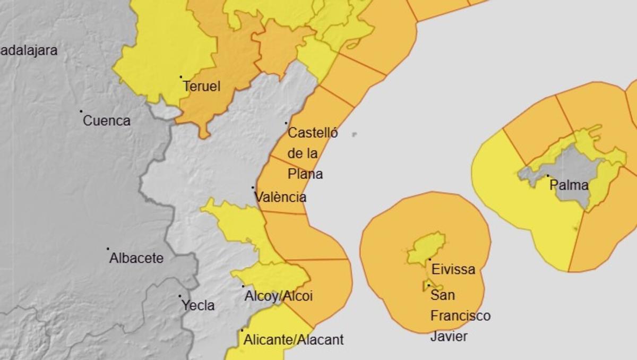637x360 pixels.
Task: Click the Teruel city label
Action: (x=201, y=86)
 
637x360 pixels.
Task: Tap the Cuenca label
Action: (x=107, y=121)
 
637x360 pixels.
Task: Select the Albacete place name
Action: (x=136, y=259)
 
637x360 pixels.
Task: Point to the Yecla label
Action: (x=198, y=305)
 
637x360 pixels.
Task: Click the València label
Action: (x=280, y=197)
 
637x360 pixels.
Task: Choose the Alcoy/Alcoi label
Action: (x=278, y=296)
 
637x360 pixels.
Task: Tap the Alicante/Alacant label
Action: (x=293, y=339)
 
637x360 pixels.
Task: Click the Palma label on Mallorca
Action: (x=569, y=185)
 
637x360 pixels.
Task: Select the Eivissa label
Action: (x=453, y=269)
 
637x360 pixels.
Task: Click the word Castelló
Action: (x=312, y=133)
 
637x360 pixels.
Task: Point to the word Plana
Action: (x=305, y=174)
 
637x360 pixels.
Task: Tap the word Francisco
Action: (x=460, y=316)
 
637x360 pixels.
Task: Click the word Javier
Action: (x=449, y=336)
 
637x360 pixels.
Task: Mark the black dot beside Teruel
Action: (x=180, y=77)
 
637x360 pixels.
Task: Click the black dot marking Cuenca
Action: (x=81, y=112)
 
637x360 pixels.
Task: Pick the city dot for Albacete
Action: (x=108, y=248)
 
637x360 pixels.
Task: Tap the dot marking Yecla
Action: (x=180, y=296)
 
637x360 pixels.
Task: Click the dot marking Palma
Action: (x=548, y=176)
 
